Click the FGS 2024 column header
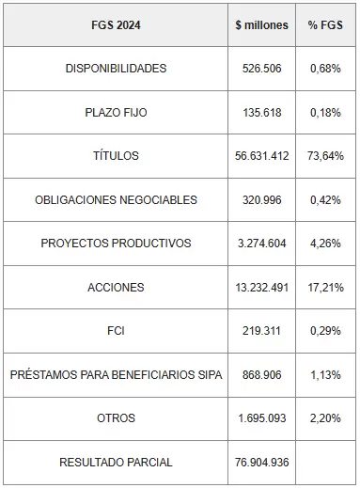tap(116, 25)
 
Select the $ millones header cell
tap(261, 25)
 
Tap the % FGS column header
tap(325, 25)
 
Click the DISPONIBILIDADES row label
tap(116, 69)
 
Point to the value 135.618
tap(262, 112)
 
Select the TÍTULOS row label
tap(116, 155)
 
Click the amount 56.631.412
tap(262, 156)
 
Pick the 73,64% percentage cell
tap(325, 156)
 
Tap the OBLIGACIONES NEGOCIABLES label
tap(116, 199)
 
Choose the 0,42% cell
tap(325, 200)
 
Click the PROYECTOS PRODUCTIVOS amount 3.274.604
tap(262, 244)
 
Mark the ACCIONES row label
tap(116, 287)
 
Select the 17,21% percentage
tap(325, 288)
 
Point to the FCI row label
tap(116, 331)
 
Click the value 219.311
tap(261, 331)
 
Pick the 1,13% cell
tap(325, 375)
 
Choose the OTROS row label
tap(116, 418)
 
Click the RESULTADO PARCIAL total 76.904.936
tap(262, 463)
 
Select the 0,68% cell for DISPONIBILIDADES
tap(325, 69)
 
